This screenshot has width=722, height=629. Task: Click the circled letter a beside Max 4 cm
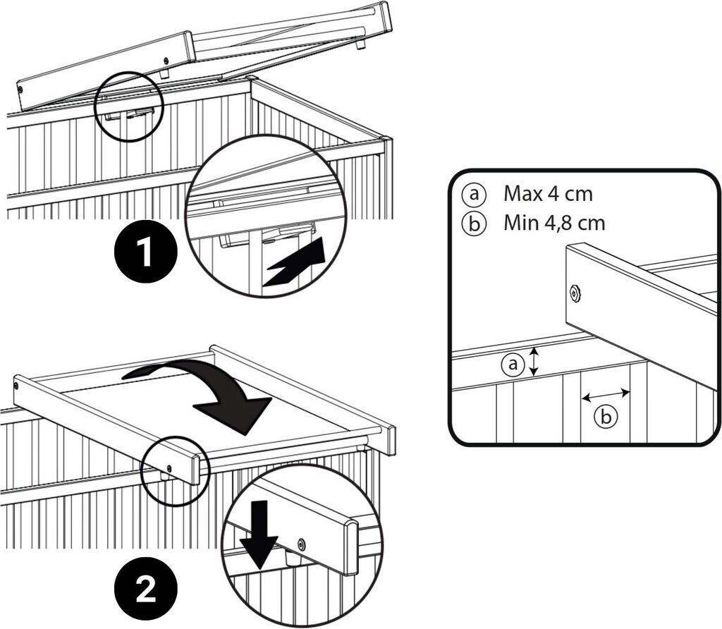pos(471,193)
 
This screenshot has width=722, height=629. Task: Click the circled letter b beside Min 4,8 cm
pos(471,224)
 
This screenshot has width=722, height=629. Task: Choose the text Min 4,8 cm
pos(554,224)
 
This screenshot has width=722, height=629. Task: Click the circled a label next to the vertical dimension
pos(513,364)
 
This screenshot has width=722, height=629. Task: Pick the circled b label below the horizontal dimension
pos(605,417)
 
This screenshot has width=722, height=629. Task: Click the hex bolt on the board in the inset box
pos(575,292)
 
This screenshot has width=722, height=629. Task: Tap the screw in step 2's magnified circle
pos(302,544)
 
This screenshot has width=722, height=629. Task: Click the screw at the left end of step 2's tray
pos(16,386)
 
